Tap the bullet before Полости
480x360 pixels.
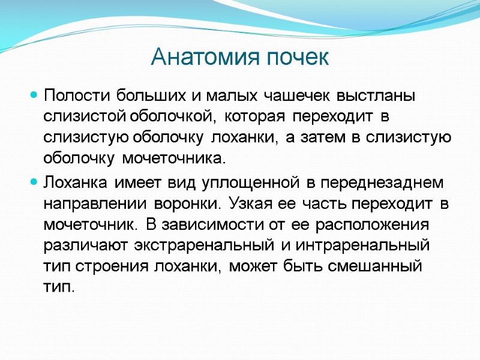tap(34, 95)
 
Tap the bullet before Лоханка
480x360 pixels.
tap(34, 181)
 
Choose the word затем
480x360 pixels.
tap(322, 137)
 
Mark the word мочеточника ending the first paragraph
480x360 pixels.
tap(175, 159)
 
